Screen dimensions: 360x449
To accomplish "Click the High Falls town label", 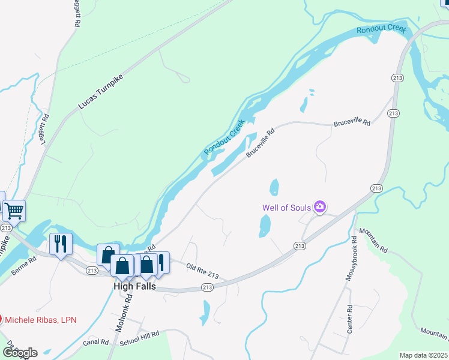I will coord(135,287).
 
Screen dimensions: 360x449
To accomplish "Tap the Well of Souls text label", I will coord(286,208).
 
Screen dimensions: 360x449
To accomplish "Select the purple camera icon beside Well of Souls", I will coord(320,208).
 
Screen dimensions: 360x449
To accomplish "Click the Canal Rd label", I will coord(96,342).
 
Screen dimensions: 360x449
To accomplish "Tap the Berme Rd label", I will coord(24,264).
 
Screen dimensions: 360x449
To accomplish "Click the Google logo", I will coord(19,352).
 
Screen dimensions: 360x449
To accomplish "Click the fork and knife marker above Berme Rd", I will coord(61,244).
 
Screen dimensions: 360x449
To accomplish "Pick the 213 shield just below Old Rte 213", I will coord(206,288).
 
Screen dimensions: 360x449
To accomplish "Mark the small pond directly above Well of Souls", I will coord(275,187).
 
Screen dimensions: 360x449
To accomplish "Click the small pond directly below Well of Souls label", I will coord(264,226).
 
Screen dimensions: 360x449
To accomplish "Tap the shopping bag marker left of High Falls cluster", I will coord(107,254).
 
